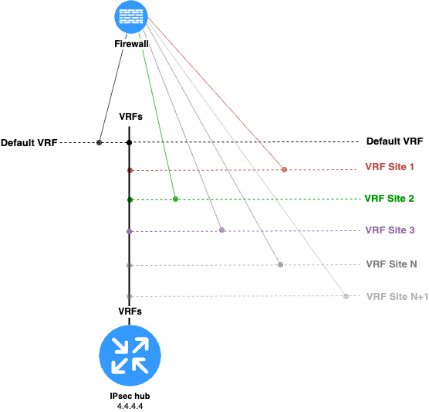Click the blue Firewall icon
131,17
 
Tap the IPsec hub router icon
130,356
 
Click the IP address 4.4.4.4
130,406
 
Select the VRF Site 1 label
390,167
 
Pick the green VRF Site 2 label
390,198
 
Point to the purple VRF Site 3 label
390,230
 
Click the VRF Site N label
391,264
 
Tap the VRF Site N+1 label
397,296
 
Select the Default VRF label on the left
29,142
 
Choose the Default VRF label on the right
395,141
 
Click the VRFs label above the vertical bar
130,117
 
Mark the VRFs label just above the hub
130,311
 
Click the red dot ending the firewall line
284,170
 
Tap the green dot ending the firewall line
176,199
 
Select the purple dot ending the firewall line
222,230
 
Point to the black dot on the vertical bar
130,142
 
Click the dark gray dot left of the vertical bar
100,142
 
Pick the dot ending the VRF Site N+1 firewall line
346,296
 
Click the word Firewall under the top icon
131,44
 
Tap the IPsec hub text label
130,396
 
